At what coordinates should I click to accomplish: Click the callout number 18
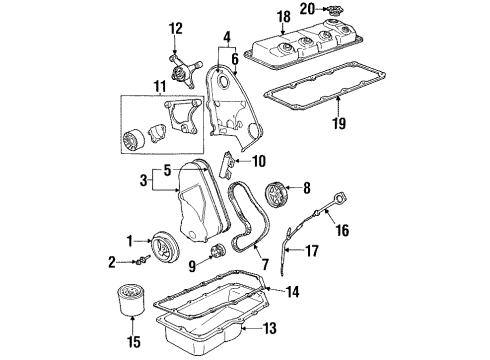coord(283,15)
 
